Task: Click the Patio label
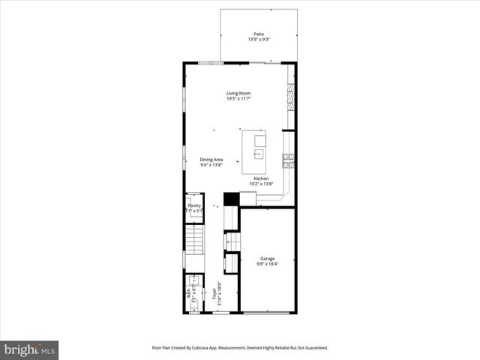click(x=259, y=34)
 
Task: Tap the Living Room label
click(x=238, y=94)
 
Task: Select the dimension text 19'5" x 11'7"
click(x=238, y=99)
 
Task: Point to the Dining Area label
click(x=211, y=159)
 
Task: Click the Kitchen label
click(x=260, y=178)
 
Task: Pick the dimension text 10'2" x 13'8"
click(x=261, y=184)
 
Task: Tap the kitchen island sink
click(x=259, y=155)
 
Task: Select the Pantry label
click(x=194, y=205)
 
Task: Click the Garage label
click(x=268, y=258)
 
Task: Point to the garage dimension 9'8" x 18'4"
click(x=268, y=263)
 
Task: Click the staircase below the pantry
click(x=194, y=240)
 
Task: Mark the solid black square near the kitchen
click(x=232, y=199)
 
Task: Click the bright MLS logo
click(x=30, y=349)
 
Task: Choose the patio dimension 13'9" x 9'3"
click(x=259, y=39)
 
